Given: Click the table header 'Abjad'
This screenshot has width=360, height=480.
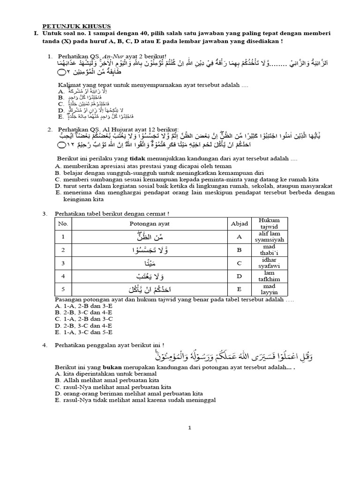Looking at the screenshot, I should click(x=239, y=224).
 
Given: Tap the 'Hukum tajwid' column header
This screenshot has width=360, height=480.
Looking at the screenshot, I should click(x=272, y=224).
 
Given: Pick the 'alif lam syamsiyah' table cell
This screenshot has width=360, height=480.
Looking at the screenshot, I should click(x=272, y=237).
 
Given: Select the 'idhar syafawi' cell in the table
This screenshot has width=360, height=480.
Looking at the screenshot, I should click(x=272, y=263).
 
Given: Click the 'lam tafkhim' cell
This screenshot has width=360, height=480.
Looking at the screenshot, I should click(x=272, y=276).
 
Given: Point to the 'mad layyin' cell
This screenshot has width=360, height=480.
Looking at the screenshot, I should click(x=272, y=289).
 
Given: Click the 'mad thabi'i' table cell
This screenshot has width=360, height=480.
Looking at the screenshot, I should click(x=272, y=250).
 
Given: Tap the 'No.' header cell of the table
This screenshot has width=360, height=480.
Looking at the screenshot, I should click(x=63, y=224).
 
